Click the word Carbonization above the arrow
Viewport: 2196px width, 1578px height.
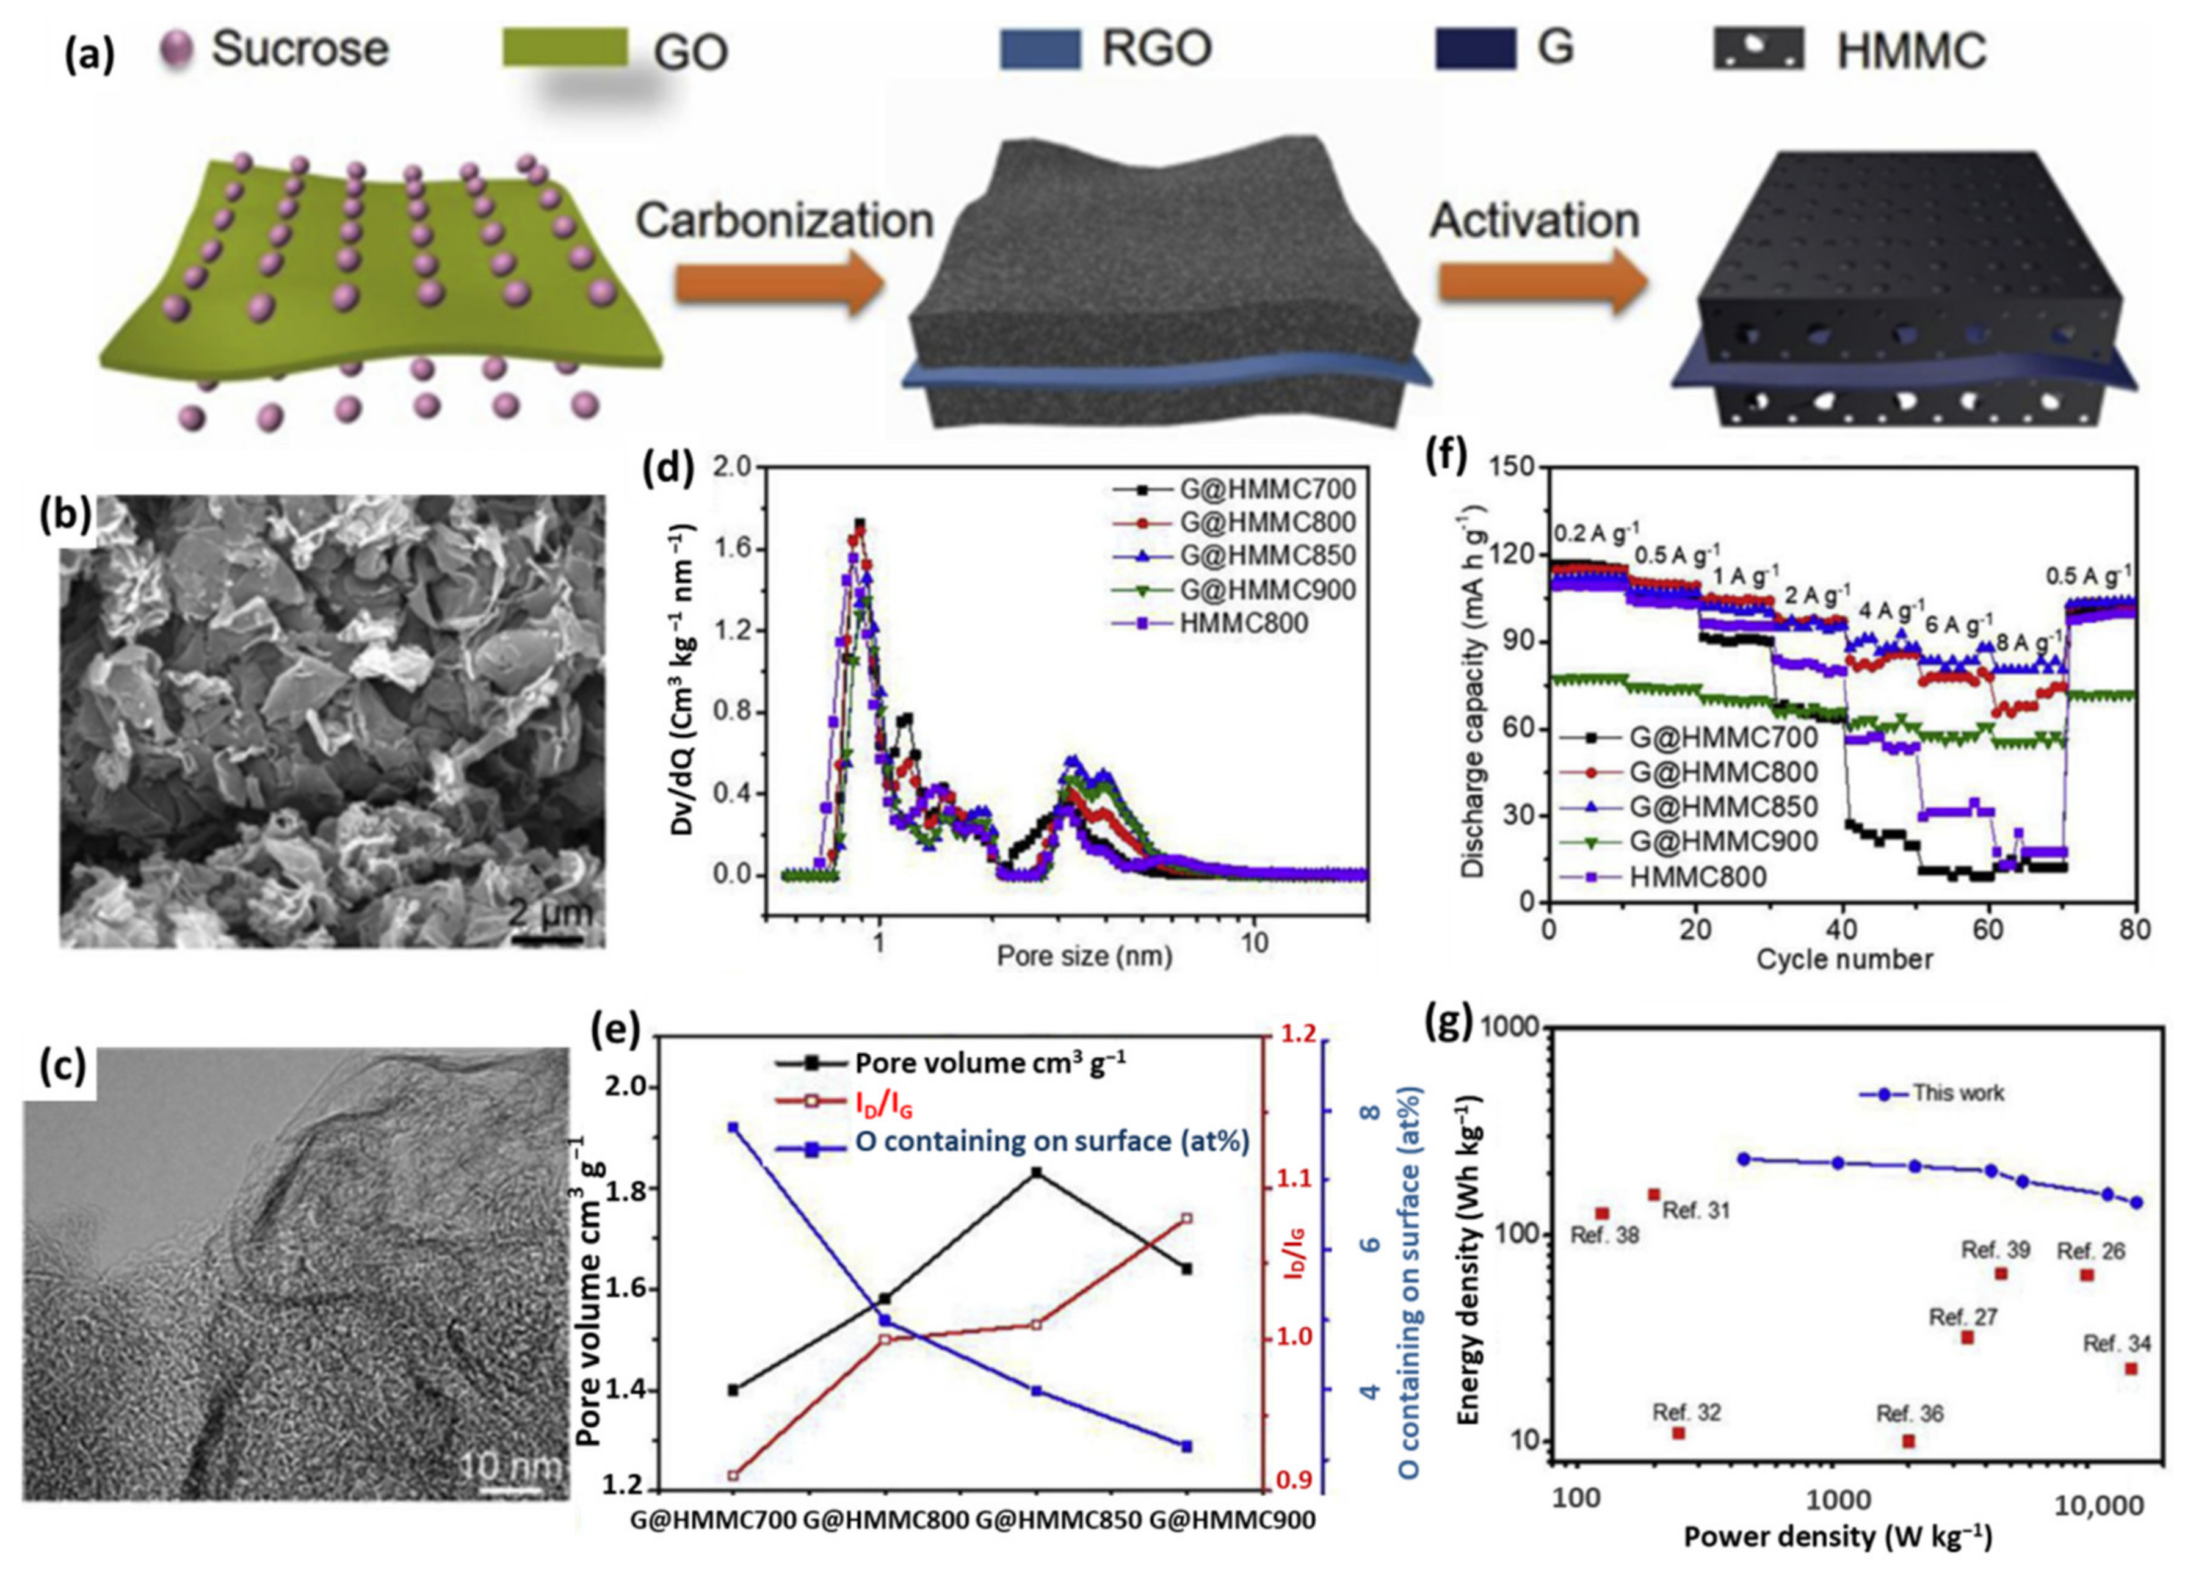(785, 221)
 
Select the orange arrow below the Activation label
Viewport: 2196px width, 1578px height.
(1540, 284)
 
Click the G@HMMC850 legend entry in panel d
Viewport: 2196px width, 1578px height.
(1266, 556)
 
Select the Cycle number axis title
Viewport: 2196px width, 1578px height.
(1844, 960)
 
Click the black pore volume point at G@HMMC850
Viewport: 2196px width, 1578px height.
(1036, 1173)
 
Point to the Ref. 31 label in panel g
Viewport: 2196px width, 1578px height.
(1695, 1210)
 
